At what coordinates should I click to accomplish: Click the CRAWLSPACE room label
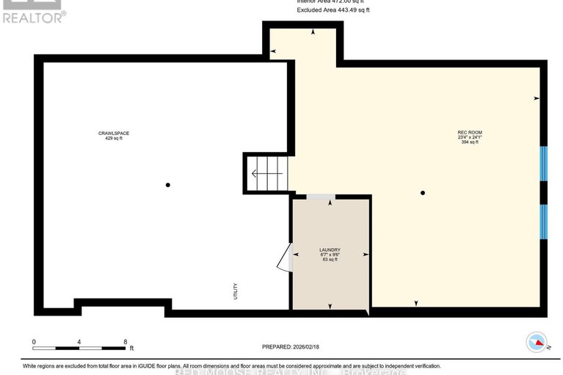click(119, 133)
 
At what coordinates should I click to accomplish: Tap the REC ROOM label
click(470, 132)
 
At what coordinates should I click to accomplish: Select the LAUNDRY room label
click(330, 250)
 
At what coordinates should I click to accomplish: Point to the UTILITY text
click(235, 291)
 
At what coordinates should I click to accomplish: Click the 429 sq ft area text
click(119, 139)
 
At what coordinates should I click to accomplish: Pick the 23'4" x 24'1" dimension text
click(470, 137)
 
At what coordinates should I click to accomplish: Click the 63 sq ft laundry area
click(330, 260)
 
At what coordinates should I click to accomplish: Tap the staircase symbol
click(266, 173)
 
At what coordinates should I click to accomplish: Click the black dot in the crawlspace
click(168, 185)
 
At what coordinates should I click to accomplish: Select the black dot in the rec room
click(423, 193)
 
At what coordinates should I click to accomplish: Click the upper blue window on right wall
click(544, 164)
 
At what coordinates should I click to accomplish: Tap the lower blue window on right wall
click(544, 221)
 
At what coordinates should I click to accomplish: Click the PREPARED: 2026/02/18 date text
click(293, 347)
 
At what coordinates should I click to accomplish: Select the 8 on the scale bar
click(126, 341)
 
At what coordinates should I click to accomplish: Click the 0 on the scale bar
click(34, 341)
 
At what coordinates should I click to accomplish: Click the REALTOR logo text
click(34, 17)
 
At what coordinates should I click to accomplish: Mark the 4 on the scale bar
click(79, 341)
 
